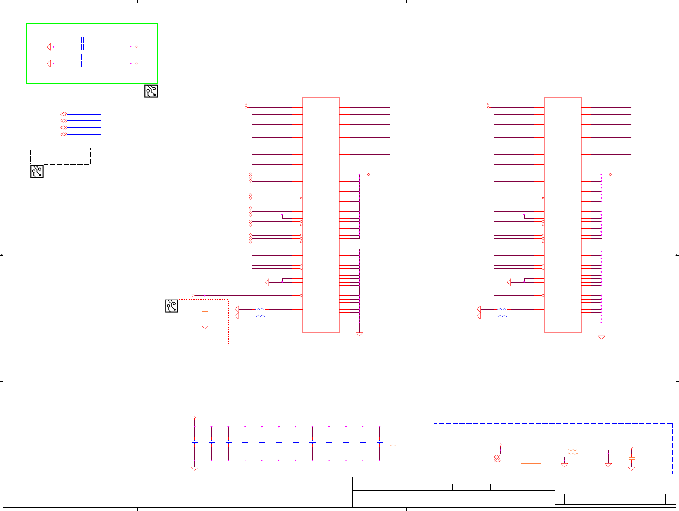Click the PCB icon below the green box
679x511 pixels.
[151, 91]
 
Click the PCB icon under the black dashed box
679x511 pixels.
[37, 172]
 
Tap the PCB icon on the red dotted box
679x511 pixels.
[172, 306]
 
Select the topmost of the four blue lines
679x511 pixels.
[83, 114]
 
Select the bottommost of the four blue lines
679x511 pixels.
[83, 134]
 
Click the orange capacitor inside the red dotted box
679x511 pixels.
[205, 310]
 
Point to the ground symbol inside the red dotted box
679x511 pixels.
[205, 327]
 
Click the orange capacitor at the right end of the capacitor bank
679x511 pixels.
[393, 444]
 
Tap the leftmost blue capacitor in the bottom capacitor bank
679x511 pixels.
[195, 441]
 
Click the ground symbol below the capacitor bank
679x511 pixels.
[195, 468]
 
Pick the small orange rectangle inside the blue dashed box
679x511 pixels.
[531, 455]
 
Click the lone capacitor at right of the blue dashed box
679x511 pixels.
[631, 458]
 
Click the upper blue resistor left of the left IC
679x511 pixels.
[261, 309]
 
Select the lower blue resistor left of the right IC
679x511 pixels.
[502, 316]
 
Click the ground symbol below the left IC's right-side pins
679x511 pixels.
[359, 334]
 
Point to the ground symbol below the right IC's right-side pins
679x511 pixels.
[601, 337]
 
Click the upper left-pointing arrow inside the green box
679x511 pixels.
[49, 47]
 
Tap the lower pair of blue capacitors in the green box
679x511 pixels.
[82, 61]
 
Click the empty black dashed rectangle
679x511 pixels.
[61, 156]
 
